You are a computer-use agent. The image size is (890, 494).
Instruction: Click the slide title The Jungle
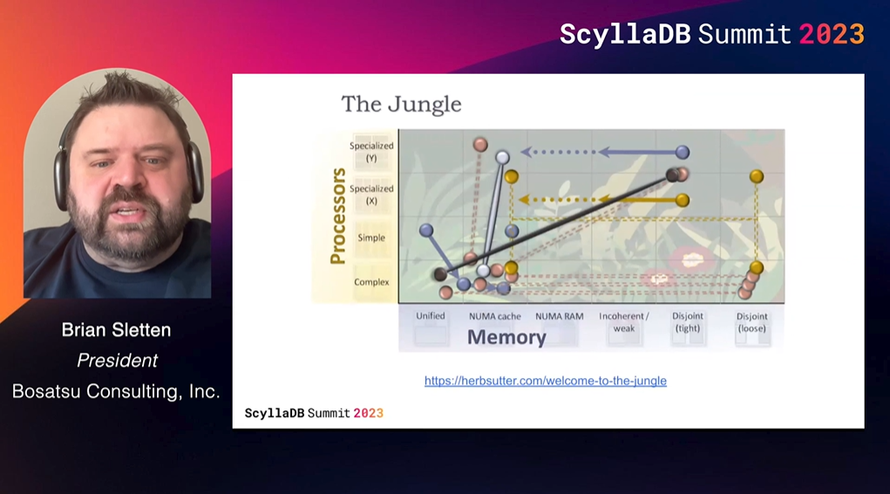tap(401, 105)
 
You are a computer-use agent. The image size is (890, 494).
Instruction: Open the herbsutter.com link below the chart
tap(546, 381)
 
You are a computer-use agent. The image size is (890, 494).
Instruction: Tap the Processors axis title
tap(338, 215)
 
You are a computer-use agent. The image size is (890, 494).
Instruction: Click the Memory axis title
tap(506, 337)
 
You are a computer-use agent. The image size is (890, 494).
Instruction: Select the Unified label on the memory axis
tap(431, 316)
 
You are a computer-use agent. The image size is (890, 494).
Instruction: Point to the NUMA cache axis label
tap(495, 316)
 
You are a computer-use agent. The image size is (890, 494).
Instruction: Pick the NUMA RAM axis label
tap(559, 316)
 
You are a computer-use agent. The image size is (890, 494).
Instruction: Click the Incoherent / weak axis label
tap(624, 322)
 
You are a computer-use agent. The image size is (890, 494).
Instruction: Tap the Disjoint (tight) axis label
tap(688, 322)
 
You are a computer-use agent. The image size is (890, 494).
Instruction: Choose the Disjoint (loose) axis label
tap(752, 322)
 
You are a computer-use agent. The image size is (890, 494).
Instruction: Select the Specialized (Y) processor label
tap(371, 152)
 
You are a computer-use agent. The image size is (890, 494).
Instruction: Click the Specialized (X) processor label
tap(371, 194)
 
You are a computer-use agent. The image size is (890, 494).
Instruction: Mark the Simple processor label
tap(371, 238)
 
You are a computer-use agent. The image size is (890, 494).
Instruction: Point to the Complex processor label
tap(372, 282)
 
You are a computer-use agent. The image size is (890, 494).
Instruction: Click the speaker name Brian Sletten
tap(116, 330)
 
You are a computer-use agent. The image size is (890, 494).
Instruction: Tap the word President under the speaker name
tap(117, 360)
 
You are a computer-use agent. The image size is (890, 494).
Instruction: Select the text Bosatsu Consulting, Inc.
tap(116, 391)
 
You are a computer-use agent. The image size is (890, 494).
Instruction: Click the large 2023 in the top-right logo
tap(832, 34)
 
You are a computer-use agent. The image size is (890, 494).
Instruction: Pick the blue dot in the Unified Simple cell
tap(426, 230)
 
